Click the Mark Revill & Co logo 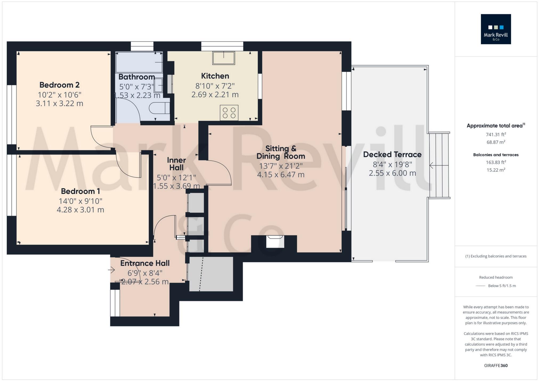coord(496,29)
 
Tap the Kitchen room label coord(215,76)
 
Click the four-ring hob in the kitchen coord(229,113)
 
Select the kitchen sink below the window coord(223,58)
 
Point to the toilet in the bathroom coord(159,108)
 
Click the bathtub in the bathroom coord(139,62)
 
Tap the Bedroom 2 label coord(59,85)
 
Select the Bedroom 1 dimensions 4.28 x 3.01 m coord(80,210)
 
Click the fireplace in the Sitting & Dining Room coord(275,242)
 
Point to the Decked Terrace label coord(392,155)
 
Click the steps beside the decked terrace coord(439,165)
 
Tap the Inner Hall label coord(176,164)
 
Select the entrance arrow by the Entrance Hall coord(111,270)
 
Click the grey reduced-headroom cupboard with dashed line coord(211,274)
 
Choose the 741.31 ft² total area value coord(496,135)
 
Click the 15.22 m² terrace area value coord(496,170)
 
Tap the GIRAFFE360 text coord(496,366)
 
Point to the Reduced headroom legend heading coord(496,277)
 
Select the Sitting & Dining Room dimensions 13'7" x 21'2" coord(281,166)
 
